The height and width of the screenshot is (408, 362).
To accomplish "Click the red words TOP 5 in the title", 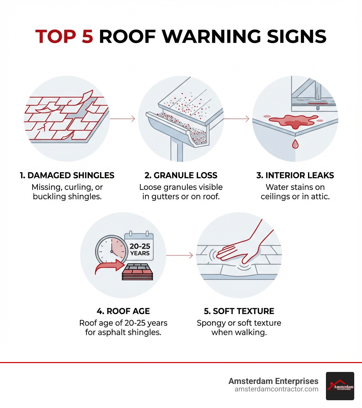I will click(x=64, y=36).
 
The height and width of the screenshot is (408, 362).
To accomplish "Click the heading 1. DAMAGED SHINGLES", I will click(x=67, y=175).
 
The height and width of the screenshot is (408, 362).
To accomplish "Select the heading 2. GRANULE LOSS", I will click(x=181, y=175).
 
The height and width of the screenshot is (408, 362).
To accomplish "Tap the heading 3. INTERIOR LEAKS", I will click(x=295, y=175).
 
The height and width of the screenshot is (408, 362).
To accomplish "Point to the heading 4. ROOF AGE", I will click(x=123, y=311).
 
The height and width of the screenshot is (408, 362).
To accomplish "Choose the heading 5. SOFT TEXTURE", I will click(x=239, y=311).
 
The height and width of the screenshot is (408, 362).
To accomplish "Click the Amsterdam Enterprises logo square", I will click(x=340, y=386).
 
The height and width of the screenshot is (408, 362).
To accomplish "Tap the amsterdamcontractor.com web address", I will click(x=276, y=389).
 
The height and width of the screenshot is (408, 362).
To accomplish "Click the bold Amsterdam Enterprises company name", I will click(x=273, y=381).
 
